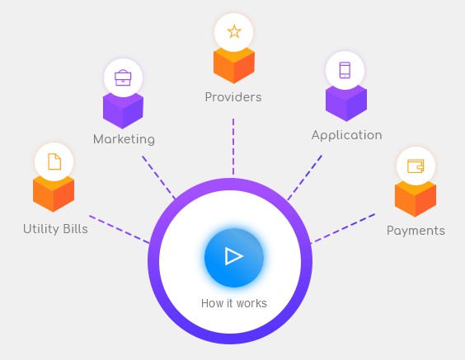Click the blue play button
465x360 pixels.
(234, 257)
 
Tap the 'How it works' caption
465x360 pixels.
(234, 303)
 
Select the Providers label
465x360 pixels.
(233, 97)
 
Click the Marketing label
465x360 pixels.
(124, 139)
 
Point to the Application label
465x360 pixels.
(346, 135)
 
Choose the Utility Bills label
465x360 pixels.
(55, 229)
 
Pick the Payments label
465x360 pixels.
(416, 231)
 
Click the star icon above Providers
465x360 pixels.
(234, 31)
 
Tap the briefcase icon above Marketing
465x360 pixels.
(123, 77)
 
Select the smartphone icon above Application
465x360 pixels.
(345, 70)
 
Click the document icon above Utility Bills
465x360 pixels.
(54, 161)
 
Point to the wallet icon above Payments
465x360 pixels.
(416, 166)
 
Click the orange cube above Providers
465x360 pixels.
(234, 67)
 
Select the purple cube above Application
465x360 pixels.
(346, 103)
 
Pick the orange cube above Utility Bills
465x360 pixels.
(54, 194)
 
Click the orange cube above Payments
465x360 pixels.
(416, 199)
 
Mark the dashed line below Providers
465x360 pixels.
(233, 147)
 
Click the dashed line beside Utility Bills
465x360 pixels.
(120, 229)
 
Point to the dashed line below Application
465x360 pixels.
(304, 177)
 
